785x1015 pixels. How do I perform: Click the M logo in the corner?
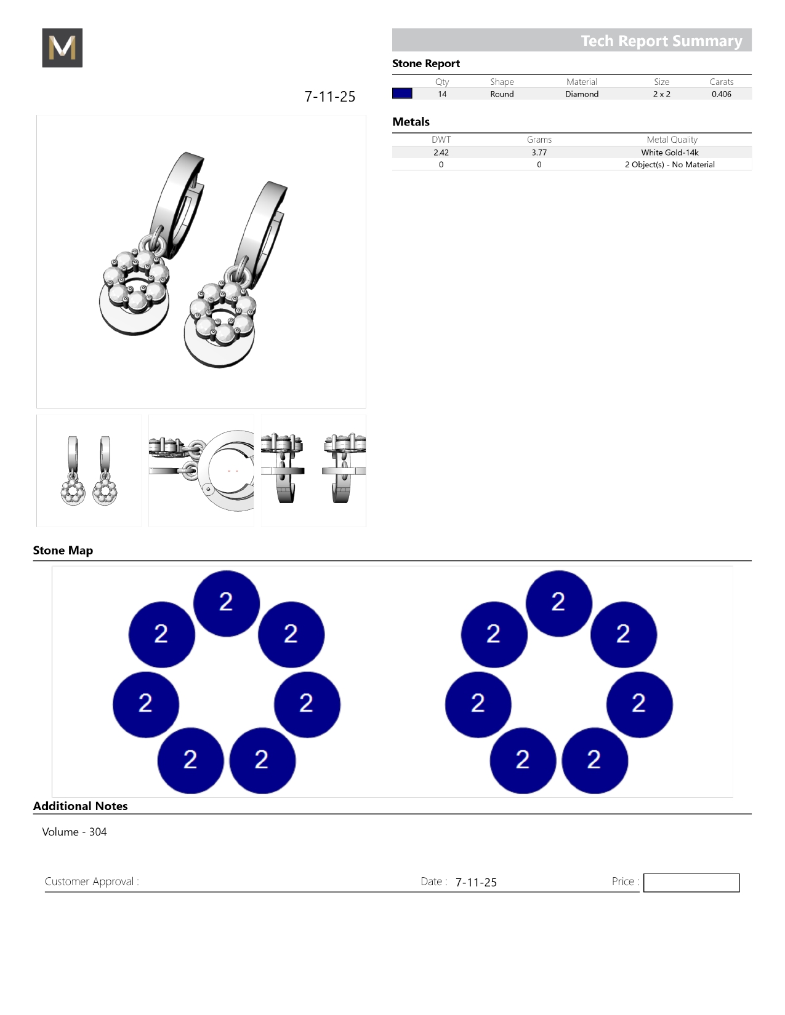click(62, 48)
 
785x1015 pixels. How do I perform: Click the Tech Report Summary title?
click(661, 41)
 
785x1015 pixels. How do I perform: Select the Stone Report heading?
click(426, 63)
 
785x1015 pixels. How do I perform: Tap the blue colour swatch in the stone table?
click(402, 94)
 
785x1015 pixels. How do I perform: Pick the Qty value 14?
click(442, 94)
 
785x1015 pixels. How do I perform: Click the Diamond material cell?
click(582, 94)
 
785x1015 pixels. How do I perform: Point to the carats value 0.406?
click(721, 94)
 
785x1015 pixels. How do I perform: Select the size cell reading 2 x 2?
click(661, 94)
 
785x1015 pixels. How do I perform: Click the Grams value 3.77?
click(539, 153)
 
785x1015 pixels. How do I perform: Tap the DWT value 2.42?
click(441, 153)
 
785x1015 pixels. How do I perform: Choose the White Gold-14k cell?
click(669, 153)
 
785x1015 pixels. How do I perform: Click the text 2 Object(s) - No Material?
click(669, 165)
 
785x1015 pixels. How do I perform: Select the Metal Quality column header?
click(672, 140)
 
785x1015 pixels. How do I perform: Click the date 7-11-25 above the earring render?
click(330, 97)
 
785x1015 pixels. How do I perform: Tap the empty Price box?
click(691, 883)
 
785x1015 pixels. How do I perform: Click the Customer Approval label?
click(92, 882)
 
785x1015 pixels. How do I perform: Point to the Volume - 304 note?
click(74, 832)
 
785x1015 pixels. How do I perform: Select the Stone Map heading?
click(63, 551)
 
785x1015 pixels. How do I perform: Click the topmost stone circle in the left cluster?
click(226, 603)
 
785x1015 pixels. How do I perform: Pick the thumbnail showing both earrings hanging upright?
click(89, 471)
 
